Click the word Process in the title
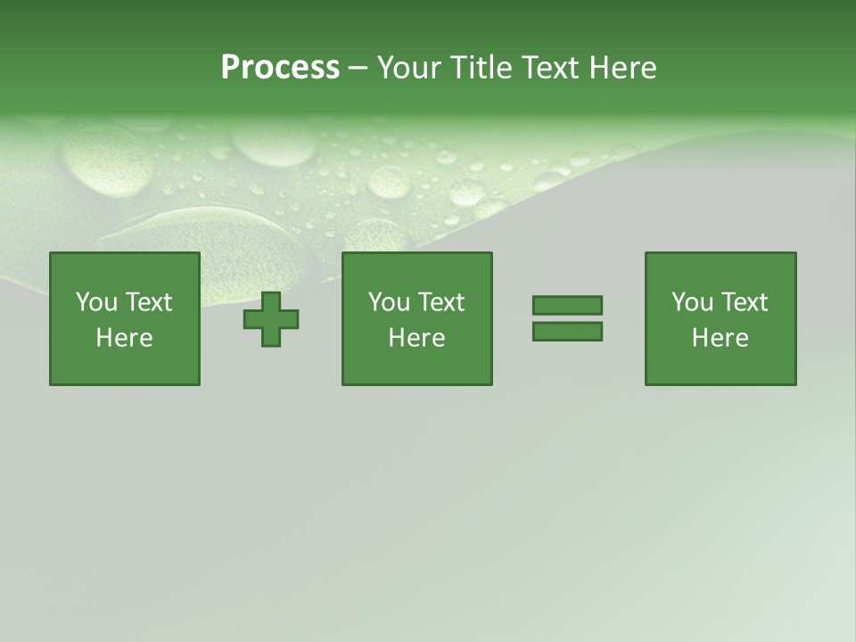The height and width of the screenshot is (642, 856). coord(280,68)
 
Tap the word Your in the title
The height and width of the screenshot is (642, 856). coord(410,68)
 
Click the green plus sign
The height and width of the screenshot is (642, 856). coord(271,319)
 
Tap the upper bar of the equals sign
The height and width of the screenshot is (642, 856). coord(567,305)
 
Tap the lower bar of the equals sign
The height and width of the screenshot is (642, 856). coord(567,332)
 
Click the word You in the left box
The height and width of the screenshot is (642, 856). coord(96,302)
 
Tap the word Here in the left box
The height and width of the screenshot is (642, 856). coord(125,338)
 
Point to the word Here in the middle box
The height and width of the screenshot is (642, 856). coord(417,338)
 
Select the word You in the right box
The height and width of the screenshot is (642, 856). coord(692,302)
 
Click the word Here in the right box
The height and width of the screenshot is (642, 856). coord(720,338)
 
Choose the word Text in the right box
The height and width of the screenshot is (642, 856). coord(745,302)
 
